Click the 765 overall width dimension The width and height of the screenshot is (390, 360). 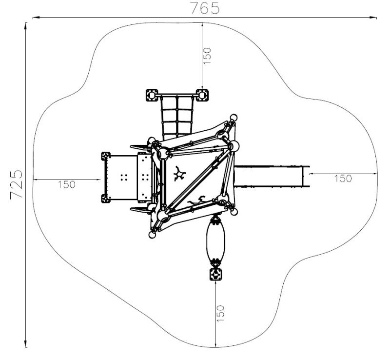click(x=205, y=8)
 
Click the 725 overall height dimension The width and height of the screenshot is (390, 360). click(x=17, y=184)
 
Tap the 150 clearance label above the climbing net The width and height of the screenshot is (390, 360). click(x=207, y=56)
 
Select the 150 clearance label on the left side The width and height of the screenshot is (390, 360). click(x=67, y=184)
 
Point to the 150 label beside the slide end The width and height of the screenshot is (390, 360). click(x=343, y=178)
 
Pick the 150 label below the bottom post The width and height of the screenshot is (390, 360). click(x=220, y=313)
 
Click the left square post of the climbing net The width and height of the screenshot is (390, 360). click(x=152, y=95)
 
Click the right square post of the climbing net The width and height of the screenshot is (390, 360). click(x=202, y=95)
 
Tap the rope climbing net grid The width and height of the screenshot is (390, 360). click(x=177, y=118)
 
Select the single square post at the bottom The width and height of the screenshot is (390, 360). click(x=215, y=274)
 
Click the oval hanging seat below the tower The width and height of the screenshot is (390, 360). click(x=215, y=239)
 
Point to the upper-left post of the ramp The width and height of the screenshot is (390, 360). click(x=106, y=156)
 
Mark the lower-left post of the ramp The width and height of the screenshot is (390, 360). click(x=106, y=199)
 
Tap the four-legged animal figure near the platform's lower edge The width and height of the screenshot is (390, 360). click(x=196, y=200)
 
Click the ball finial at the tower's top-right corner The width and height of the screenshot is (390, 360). click(x=234, y=117)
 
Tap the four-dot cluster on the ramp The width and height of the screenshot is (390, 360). click(x=124, y=177)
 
